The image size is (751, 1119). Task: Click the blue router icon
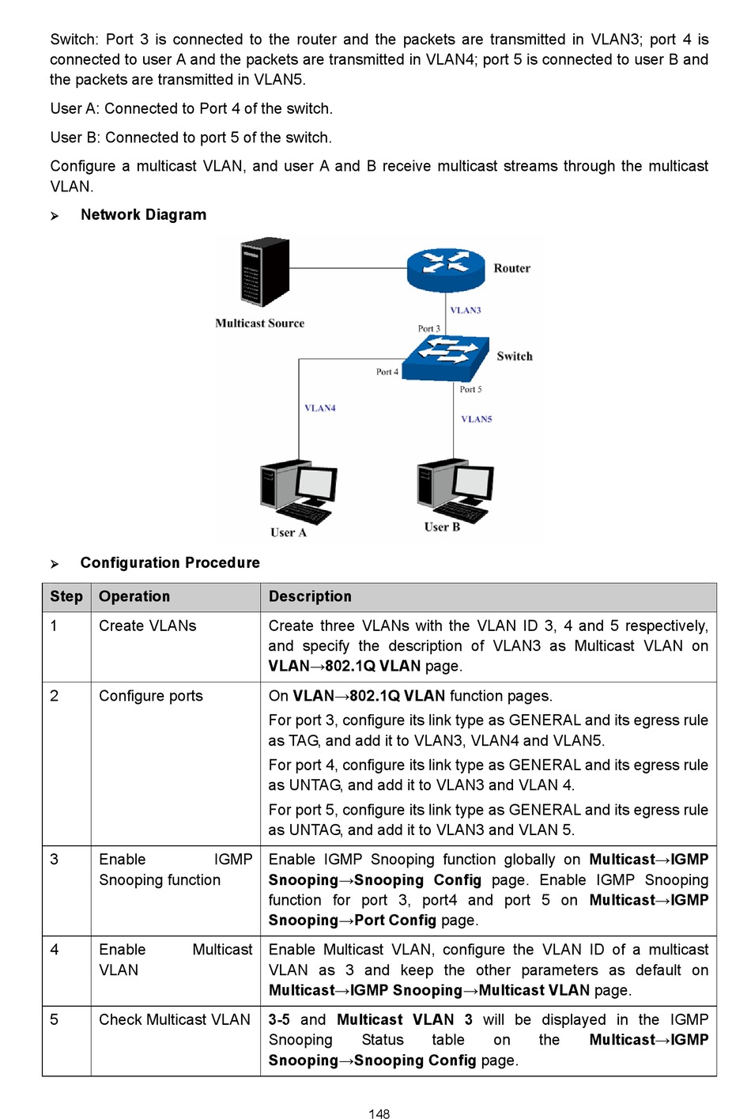point(445,270)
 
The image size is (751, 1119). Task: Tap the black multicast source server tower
point(265,272)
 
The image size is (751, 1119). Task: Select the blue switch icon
point(445,358)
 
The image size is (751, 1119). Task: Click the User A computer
point(299,492)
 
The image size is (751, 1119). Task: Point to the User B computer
point(455,490)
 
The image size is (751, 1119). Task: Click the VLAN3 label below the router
point(466,310)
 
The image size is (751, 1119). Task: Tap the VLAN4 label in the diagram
point(320,408)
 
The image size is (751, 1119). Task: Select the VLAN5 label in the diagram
point(477,419)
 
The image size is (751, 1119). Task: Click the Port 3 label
point(429,329)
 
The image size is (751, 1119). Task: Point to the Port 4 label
point(387,372)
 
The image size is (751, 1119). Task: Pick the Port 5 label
point(471,389)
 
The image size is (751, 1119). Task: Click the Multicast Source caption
point(259,323)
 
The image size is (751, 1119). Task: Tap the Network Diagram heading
point(143,215)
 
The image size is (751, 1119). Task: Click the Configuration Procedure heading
point(170,563)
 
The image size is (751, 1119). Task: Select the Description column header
point(310,596)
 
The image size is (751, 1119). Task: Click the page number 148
point(379,1113)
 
